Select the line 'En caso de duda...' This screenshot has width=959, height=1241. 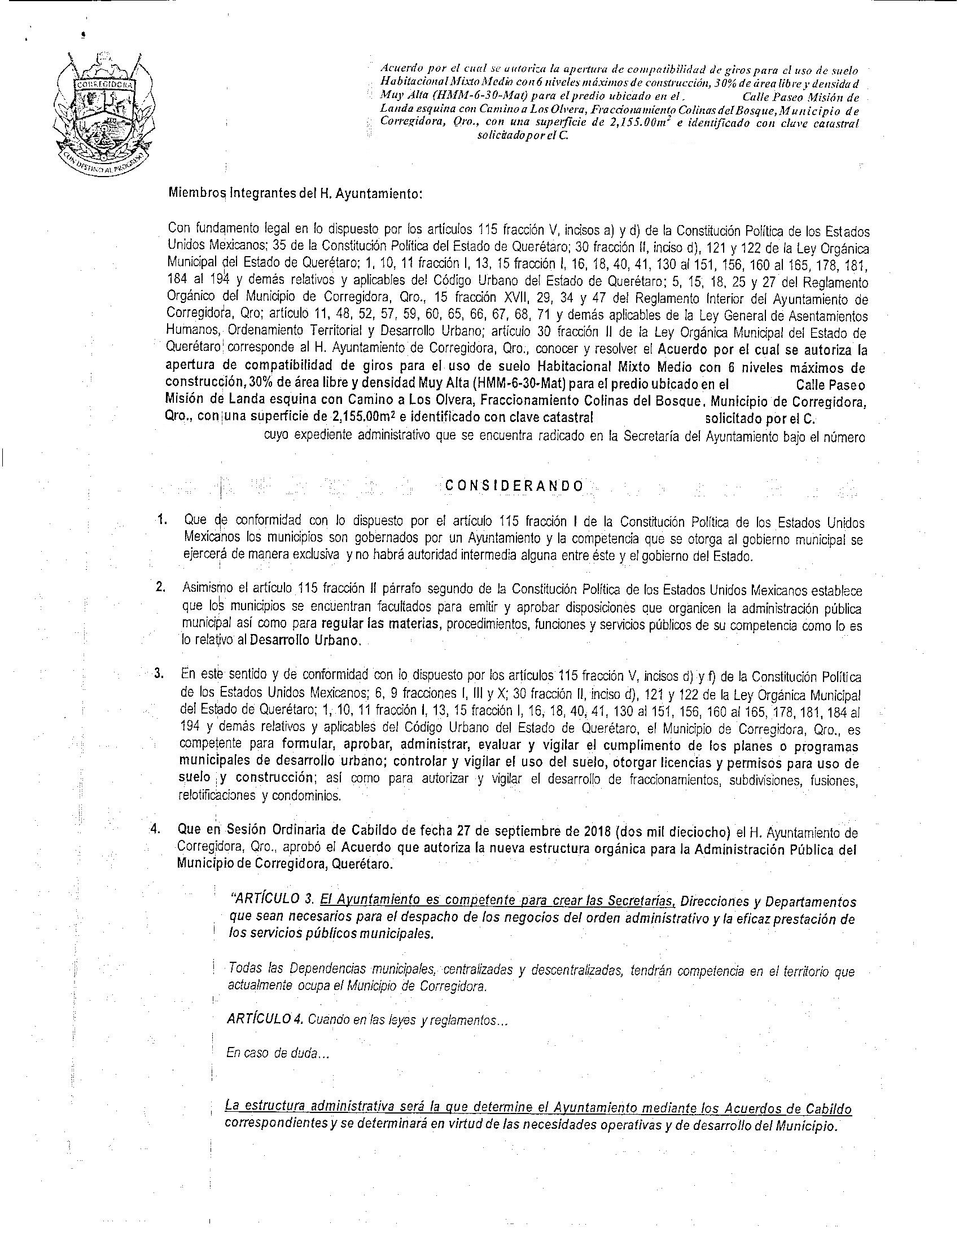tap(277, 1053)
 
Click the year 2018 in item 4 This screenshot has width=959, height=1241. tap(597, 833)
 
